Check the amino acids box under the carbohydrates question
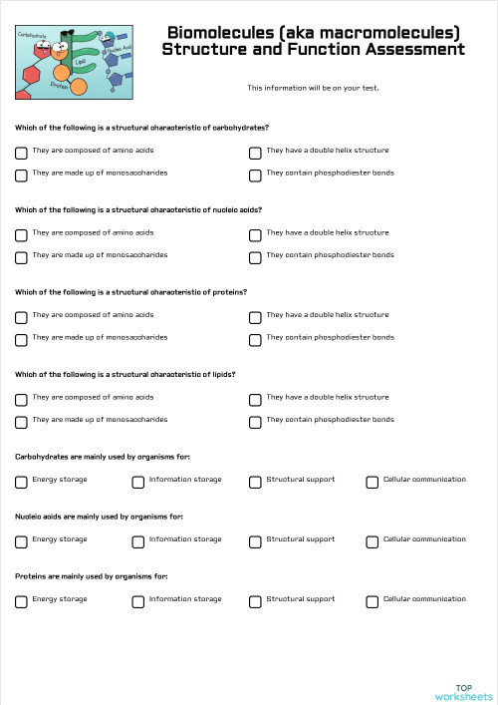[21, 153]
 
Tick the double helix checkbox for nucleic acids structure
[255, 234]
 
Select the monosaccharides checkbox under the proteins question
[21, 339]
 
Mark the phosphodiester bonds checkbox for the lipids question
[255, 421]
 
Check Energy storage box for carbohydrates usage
[21, 482]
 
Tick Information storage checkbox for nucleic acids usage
[138, 541]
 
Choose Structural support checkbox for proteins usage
[255, 601]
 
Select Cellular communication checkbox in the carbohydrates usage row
[373, 482]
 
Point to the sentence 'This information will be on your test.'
[313, 88]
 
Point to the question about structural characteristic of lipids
[124, 375]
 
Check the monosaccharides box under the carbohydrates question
[21, 175]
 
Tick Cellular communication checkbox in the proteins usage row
[373, 601]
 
